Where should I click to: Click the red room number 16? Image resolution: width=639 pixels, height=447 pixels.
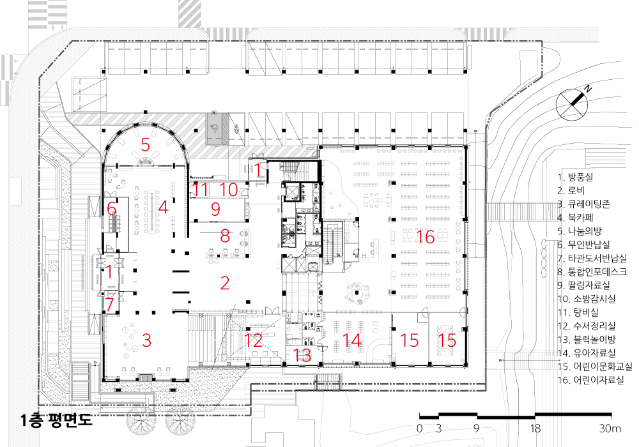pyautogui.click(x=426, y=237)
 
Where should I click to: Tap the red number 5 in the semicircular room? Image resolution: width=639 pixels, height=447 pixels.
pyautogui.click(x=146, y=144)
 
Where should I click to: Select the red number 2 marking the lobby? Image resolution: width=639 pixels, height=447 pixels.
pyautogui.click(x=225, y=283)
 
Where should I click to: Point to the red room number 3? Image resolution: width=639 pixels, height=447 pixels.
pyautogui.click(x=147, y=340)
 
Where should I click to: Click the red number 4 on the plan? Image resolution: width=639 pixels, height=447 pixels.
pyautogui.click(x=163, y=207)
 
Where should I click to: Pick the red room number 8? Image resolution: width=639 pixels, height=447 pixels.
pyautogui.click(x=225, y=235)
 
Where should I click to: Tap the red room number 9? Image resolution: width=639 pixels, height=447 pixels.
pyautogui.click(x=215, y=209)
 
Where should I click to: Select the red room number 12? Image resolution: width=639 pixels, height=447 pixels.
pyautogui.click(x=253, y=340)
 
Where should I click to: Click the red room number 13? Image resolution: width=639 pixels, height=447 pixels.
pyautogui.click(x=302, y=356)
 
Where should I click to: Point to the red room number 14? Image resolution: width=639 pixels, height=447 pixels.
pyautogui.click(x=352, y=340)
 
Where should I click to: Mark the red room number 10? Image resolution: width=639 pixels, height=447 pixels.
pyautogui.click(x=229, y=190)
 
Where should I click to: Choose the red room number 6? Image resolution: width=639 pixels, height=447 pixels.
pyautogui.click(x=112, y=209)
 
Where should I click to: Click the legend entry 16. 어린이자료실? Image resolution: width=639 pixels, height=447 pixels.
pyautogui.click(x=590, y=380)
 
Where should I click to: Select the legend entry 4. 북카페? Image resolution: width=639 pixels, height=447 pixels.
pyautogui.click(x=576, y=217)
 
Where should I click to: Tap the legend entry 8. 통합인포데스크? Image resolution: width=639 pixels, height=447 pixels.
pyautogui.click(x=592, y=271)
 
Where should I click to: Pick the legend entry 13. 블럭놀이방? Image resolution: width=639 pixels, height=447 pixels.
pyautogui.click(x=587, y=339)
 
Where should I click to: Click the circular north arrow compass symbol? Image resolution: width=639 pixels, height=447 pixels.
pyautogui.click(x=572, y=104)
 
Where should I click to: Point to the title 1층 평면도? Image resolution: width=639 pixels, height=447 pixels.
pyautogui.click(x=57, y=420)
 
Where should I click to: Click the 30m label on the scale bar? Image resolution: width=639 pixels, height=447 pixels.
pyautogui.click(x=610, y=428)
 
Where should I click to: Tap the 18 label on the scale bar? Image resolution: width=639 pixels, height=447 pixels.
pyautogui.click(x=535, y=428)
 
